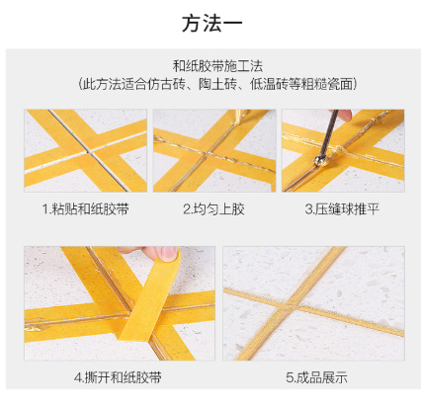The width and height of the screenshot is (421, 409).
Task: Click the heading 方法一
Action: point(212,24)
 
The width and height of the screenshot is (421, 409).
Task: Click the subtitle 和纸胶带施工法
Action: point(217,66)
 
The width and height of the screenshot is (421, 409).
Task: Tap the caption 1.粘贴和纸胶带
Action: point(85,209)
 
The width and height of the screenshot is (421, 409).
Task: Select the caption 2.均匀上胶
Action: point(213,209)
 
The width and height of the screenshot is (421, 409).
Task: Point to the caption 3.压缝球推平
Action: point(342,209)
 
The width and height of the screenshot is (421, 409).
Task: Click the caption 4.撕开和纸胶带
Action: point(118,377)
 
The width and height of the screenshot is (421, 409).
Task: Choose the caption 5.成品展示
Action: point(316,377)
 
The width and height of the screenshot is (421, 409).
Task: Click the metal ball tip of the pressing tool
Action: point(319,161)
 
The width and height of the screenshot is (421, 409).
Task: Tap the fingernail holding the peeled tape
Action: point(169,254)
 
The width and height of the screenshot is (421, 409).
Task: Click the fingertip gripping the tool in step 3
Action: point(344,115)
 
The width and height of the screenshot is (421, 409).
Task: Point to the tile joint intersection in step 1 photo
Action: point(88,152)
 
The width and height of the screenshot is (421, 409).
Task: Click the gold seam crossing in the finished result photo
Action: point(291,303)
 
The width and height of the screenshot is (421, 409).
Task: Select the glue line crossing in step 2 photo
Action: point(208,154)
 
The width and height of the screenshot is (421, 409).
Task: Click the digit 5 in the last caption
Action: point(290,377)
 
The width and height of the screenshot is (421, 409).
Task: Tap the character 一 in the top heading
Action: point(233,24)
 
